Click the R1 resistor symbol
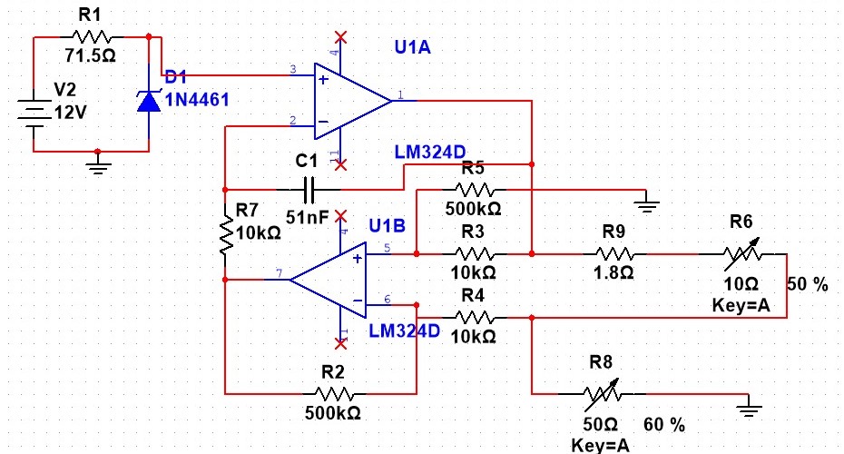(92, 37)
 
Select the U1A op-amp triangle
(350, 97)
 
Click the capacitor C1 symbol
(309, 191)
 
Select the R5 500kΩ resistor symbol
(474, 191)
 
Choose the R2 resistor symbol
(335, 394)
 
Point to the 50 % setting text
(808, 284)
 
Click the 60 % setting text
(664, 424)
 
